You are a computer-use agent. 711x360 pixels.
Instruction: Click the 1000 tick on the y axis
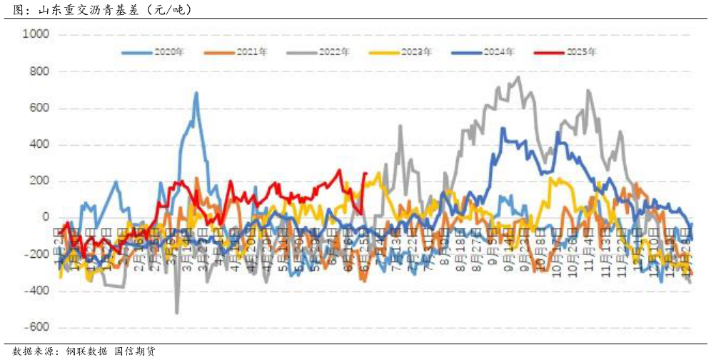pyautogui.click(x=36, y=34)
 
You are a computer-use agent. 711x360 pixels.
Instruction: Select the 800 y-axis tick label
pyautogui.click(x=39, y=71)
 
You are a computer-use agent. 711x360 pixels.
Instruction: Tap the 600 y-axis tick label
pyautogui.click(x=39, y=109)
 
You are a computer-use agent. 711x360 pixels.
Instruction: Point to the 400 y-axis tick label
pyautogui.click(x=39, y=145)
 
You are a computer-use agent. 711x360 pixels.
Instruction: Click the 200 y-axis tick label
pyautogui.click(x=39, y=181)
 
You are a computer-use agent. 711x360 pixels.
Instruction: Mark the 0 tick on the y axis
pyautogui.click(x=45, y=218)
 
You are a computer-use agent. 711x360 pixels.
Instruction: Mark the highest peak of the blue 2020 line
pyautogui.click(x=196, y=93)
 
